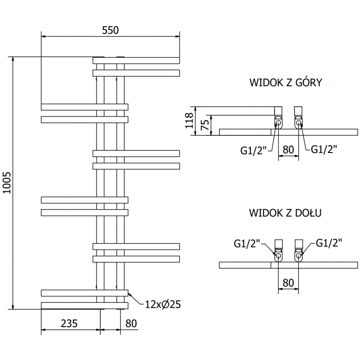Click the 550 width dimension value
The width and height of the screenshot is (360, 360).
(110, 30)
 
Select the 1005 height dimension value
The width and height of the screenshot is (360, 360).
(6, 183)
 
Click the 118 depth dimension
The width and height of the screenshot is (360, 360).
(189, 120)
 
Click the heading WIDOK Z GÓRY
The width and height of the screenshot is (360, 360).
(285, 82)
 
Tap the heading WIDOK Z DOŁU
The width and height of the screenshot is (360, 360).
(285, 213)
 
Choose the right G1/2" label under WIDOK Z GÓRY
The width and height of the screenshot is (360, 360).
(324, 148)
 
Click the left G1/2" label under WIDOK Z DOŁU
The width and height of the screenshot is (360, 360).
(247, 243)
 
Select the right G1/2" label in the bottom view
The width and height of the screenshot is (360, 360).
(329, 243)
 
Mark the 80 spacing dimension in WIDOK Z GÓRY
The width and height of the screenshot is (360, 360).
(288, 148)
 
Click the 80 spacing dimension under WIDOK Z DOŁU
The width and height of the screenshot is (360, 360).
(288, 283)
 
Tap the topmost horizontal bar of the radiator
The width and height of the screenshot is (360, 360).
(136, 60)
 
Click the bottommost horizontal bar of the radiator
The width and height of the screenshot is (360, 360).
(85, 306)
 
